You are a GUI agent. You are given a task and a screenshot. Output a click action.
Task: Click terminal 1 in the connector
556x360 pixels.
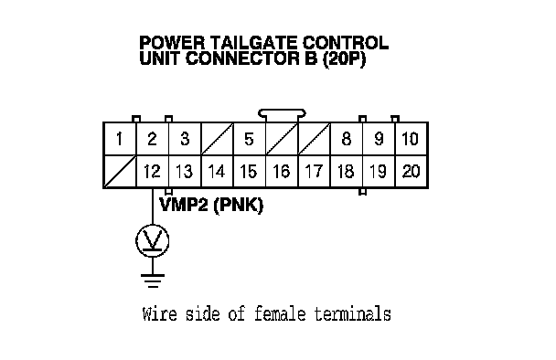click(120, 139)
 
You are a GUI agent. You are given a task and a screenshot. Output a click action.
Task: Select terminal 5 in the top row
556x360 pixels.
click(250, 139)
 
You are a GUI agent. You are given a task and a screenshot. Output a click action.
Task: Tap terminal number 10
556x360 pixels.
click(411, 139)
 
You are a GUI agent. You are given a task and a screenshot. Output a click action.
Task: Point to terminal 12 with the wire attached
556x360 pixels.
click(153, 172)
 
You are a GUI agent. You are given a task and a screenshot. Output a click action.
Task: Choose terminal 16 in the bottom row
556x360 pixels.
click(282, 172)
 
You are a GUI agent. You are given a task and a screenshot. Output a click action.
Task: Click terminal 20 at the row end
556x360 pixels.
click(411, 172)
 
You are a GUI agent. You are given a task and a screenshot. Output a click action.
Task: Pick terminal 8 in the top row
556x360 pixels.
click(347, 139)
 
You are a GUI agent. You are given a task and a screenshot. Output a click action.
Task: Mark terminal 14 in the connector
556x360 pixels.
click(217, 172)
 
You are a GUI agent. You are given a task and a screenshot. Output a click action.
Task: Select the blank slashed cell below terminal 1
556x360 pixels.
click(120, 172)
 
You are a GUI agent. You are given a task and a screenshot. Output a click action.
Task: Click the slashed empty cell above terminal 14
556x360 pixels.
click(217, 139)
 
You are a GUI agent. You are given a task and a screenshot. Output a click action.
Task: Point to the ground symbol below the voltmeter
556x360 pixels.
click(153, 281)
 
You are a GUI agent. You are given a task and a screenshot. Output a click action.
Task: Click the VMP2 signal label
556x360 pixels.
click(184, 205)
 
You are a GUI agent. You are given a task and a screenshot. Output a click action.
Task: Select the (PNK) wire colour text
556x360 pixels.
click(239, 206)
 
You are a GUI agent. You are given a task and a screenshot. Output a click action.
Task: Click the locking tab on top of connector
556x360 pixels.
click(282, 113)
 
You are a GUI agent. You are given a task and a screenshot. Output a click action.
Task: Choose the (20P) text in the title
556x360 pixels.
click(344, 58)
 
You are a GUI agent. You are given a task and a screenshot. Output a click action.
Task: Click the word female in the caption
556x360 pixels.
click(280, 313)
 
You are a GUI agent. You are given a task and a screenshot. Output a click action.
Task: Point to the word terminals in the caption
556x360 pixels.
click(353, 313)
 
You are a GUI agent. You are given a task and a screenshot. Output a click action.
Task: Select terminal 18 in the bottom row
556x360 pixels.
click(347, 172)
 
